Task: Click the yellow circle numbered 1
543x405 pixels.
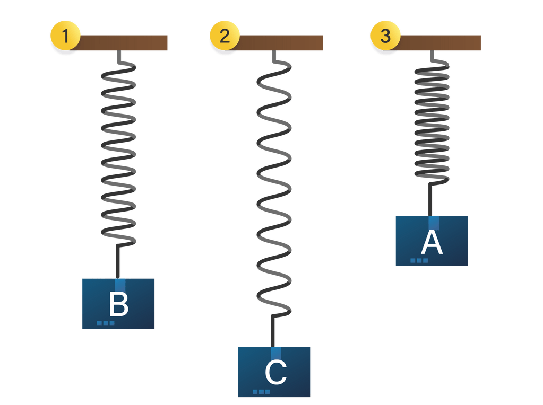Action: (65, 36)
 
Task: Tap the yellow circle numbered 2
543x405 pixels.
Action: (225, 36)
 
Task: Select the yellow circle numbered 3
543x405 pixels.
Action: (385, 36)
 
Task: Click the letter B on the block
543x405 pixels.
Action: (118, 305)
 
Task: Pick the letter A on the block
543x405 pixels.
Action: (432, 243)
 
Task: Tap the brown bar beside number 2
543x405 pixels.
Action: (281, 42)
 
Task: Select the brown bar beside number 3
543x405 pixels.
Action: (440, 42)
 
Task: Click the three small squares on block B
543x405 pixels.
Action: (106, 323)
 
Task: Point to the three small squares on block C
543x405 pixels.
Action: (261, 392)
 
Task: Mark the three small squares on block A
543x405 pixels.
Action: (419, 260)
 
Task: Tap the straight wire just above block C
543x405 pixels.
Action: (273, 330)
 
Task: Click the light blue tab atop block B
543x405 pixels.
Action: (120, 284)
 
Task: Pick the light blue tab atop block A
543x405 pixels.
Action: (434, 222)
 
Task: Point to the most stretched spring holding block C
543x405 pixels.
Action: (274, 186)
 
